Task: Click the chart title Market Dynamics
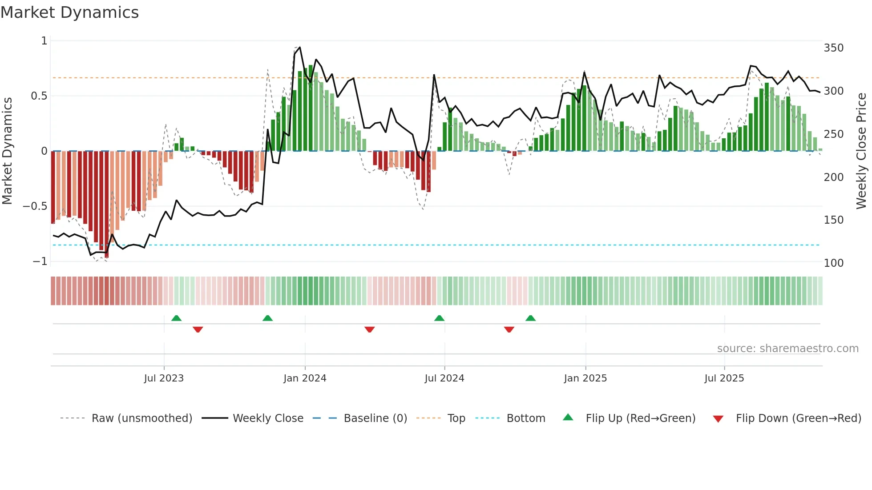69,12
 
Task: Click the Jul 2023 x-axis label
164,378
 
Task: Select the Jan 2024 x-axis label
305,378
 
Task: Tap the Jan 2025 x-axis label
585,378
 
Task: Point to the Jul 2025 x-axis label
724,378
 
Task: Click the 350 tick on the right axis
833,48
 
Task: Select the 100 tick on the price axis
833,263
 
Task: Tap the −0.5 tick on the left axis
35,206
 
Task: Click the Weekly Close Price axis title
861,151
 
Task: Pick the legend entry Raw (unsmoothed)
141,418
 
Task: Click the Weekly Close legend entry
268,418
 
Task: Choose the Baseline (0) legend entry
375,418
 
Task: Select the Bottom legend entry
525,418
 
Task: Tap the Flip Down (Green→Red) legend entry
798,418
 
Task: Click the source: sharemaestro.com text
787,349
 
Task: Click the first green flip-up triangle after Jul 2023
176,318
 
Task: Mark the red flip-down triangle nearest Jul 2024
369,329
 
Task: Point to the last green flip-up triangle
530,318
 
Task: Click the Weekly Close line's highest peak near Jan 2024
299,47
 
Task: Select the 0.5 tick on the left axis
39,96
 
